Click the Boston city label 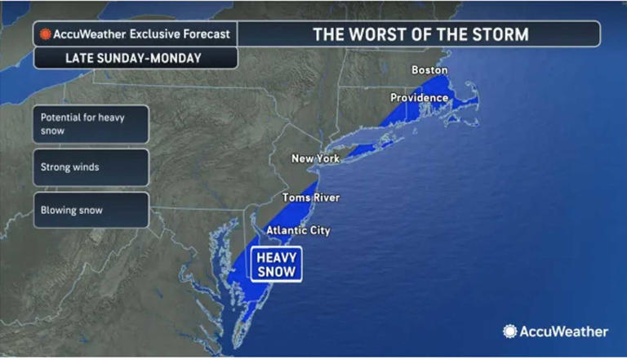429,70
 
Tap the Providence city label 419,98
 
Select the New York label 315,158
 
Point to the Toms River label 311,198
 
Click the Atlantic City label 298,230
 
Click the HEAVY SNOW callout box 276,264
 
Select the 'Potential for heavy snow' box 91,124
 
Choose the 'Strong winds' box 91,167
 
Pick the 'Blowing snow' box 91,211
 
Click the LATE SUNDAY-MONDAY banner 136,58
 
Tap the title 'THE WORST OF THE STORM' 420,34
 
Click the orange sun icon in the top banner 46,34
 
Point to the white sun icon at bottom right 510,331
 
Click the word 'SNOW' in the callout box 276,272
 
